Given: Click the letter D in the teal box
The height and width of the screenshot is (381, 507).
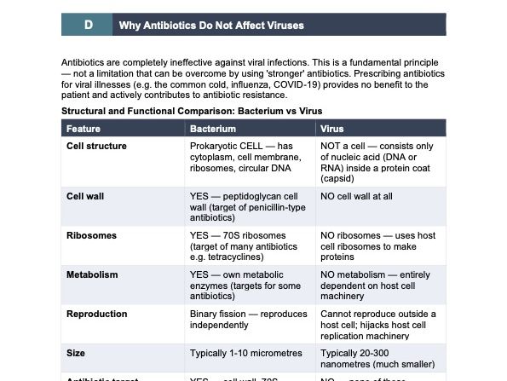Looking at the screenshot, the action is (87, 26).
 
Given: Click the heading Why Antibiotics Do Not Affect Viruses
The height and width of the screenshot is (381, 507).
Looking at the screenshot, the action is (211, 26).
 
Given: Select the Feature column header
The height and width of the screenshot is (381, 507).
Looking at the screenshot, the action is (84, 129).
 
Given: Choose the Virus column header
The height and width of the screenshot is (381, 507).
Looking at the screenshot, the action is (331, 129).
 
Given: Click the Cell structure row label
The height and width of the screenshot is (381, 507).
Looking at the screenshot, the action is (96, 146).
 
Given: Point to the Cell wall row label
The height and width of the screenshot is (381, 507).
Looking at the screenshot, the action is (85, 196).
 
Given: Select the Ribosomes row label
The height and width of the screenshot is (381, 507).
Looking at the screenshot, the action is (91, 235).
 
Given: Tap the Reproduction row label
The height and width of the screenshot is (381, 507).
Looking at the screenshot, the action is (97, 315).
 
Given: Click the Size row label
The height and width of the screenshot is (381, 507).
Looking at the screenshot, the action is (76, 351).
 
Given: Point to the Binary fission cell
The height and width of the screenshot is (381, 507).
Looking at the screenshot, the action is (248, 320).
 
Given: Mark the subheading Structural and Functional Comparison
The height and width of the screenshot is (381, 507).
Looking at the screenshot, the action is (191, 111).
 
